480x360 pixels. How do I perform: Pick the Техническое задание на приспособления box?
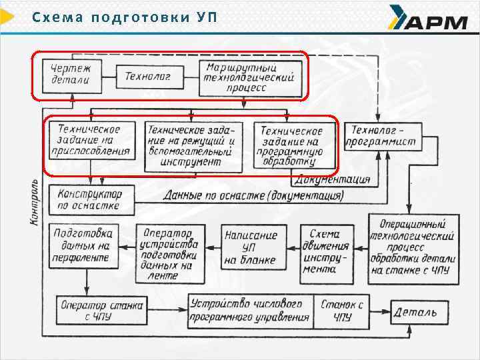pyautogui.click(x=89, y=141)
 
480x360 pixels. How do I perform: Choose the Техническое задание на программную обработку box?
pyautogui.click(x=291, y=146)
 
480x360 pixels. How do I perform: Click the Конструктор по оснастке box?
pyautogui.click(x=90, y=199)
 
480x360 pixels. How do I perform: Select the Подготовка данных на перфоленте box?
pyautogui.click(x=84, y=245)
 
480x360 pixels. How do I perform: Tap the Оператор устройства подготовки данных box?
pyautogui.click(x=168, y=252)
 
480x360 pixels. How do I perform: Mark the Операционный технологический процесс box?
pyautogui.click(x=413, y=247)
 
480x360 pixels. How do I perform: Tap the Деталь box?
pyautogui.click(x=416, y=311)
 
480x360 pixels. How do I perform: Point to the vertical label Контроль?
pyautogui.click(x=35, y=201)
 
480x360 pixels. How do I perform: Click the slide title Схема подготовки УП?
pyautogui.click(x=125, y=17)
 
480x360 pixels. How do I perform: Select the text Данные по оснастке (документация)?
pyautogui.click(x=253, y=196)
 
